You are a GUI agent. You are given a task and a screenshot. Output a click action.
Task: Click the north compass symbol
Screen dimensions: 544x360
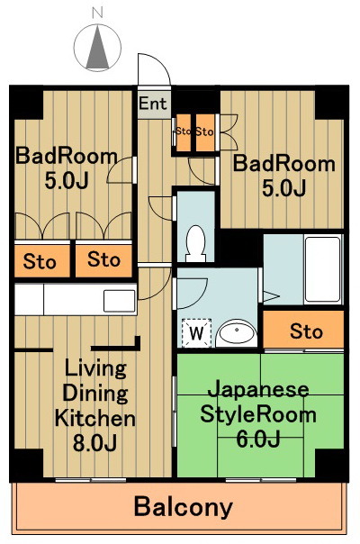point(99,46)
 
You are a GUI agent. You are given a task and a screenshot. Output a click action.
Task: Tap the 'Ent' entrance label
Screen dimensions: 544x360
point(153,103)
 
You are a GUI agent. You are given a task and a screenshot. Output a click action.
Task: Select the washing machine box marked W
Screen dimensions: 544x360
point(195,333)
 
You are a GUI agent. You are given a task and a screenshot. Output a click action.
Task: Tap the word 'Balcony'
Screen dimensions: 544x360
point(183,507)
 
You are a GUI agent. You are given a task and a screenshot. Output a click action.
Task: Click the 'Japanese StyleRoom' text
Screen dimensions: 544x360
point(258,403)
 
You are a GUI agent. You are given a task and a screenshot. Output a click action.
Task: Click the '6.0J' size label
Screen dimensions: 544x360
point(258,439)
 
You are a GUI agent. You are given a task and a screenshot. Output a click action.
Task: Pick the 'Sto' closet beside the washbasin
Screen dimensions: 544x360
point(306,331)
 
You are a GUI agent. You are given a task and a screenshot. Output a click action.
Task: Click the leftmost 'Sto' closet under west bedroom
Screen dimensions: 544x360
point(40,262)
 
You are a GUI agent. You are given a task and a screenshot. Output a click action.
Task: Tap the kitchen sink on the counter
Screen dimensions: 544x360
point(119,300)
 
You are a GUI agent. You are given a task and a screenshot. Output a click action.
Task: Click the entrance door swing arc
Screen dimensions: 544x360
point(149,70)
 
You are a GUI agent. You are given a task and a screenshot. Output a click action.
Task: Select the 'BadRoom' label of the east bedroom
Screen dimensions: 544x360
point(284,165)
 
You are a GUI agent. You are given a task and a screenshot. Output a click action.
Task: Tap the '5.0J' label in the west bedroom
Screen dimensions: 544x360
point(66,180)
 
